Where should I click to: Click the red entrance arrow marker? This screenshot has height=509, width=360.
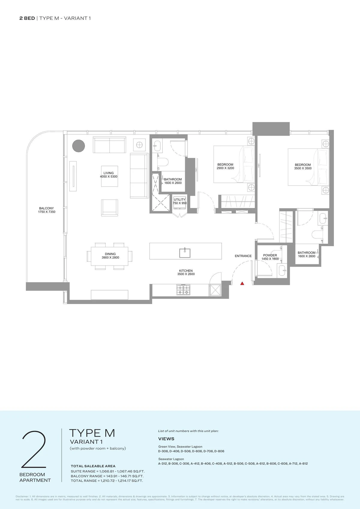(x=242, y=283)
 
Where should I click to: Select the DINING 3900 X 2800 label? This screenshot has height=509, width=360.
(x=110, y=256)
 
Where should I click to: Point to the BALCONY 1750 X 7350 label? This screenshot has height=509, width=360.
(x=46, y=210)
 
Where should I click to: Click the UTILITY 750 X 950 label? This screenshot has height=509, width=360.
(x=180, y=201)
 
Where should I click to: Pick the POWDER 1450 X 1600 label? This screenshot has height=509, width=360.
(x=270, y=257)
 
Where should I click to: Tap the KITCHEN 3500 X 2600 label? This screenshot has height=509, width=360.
(x=186, y=272)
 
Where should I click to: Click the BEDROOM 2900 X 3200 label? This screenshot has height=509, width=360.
(x=225, y=166)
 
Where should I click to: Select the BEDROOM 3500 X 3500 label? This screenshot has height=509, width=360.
(x=303, y=167)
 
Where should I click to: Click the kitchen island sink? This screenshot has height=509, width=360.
(x=185, y=253)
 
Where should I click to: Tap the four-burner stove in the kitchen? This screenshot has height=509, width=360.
(x=183, y=290)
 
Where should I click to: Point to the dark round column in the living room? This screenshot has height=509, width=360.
(x=79, y=146)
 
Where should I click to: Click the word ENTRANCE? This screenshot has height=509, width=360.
(x=243, y=256)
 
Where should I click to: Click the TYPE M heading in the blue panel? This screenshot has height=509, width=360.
(x=92, y=433)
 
